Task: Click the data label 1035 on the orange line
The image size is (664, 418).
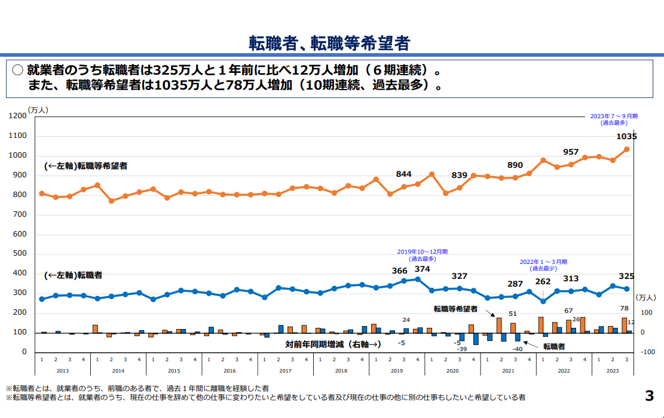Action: point(626,136)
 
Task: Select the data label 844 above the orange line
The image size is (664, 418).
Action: point(404,174)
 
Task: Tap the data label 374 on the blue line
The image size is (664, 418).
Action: point(422,269)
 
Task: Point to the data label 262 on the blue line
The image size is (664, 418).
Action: point(543,282)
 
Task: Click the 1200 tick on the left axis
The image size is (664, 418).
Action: point(19,116)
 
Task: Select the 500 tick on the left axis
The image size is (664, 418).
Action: point(20,253)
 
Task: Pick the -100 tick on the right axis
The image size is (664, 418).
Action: point(647,352)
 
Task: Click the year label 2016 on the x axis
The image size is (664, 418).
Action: point(229,371)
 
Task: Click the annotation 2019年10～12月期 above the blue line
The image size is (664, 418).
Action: point(422,252)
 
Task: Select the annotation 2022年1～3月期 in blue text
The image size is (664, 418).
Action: point(543,262)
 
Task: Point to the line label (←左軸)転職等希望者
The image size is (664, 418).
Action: point(85,166)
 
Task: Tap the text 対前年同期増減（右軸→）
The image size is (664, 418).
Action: point(333,344)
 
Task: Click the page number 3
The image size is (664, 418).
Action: point(649,395)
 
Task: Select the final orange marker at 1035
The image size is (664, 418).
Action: point(627,149)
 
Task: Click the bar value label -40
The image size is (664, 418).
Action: point(517,349)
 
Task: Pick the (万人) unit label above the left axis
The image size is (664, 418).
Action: point(38,109)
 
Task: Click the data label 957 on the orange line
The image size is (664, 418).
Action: point(571,152)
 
